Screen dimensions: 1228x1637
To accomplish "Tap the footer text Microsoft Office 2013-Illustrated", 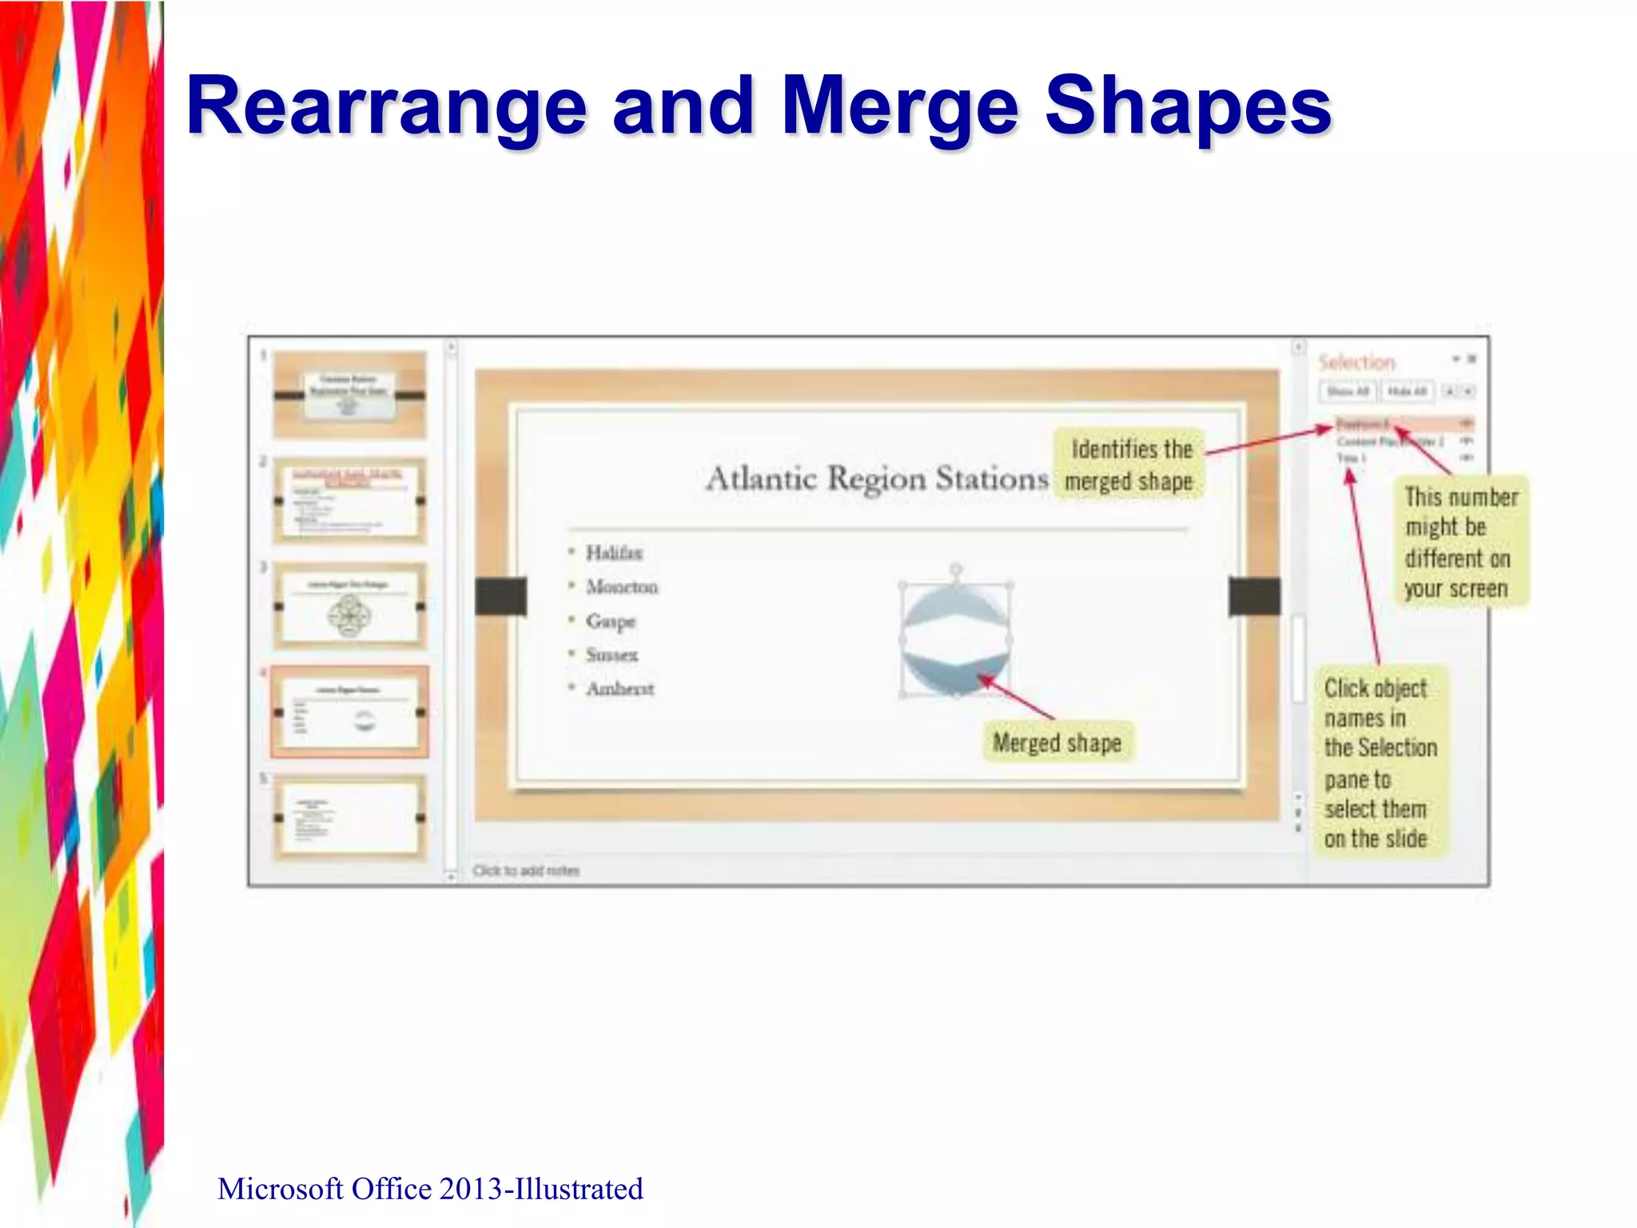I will pyautogui.click(x=430, y=1189).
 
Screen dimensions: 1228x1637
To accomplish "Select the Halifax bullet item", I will pyautogui.click(x=613, y=552).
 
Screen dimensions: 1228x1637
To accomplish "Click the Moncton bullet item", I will pyautogui.click(x=621, y=587).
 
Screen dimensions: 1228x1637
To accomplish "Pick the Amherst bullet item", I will pyautogui.click(x=619, y=689).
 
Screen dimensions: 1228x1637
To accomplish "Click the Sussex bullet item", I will pyautogui.click(x=611, y=655).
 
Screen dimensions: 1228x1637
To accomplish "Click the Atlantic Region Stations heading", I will pyautogui.click(x=877, y=479).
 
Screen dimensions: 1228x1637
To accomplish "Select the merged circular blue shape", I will pyautogui.click(x=955, y=640).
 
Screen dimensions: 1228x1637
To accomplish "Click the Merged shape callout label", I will pyautogui.click(x=1057, y=743).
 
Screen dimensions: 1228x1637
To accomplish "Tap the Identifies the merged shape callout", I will pyautogui.click(x=1130, y=464).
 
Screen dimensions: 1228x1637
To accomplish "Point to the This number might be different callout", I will pyautogui.click(x=1460, y=542).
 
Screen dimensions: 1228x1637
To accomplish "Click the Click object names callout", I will pyautogui.click(x=1380, y=762).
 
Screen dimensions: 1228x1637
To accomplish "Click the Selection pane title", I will pyautogui.click(x=1356, y=362).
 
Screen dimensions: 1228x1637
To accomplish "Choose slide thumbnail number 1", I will pyautogui.click(x=349, y=394).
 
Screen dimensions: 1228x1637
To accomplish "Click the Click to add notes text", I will pyautogui.click(x=526, y=870).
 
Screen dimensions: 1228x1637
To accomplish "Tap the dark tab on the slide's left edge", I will pyautogui.click(x=500, y=596).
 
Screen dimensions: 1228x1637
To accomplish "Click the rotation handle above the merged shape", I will pyautogui.click(x=956, y=569).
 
